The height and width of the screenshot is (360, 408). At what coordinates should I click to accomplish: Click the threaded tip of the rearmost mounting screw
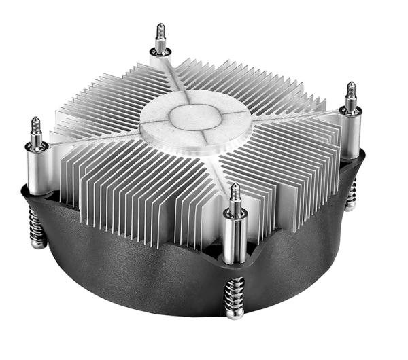pos(160,35)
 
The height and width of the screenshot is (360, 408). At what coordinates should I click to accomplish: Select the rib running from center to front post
pos(218,170)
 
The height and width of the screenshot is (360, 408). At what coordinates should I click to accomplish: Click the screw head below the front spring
pos(235,314)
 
